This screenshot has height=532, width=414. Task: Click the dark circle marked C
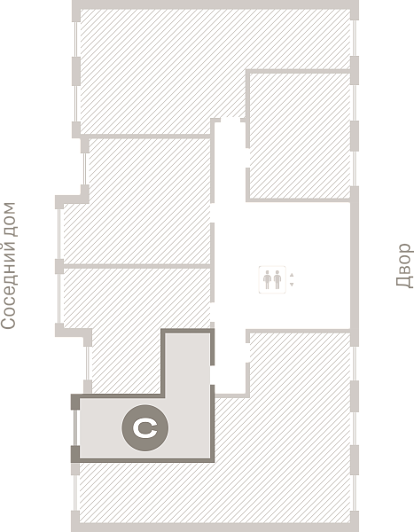coord(145,428)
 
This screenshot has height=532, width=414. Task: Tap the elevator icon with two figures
coord(272,280)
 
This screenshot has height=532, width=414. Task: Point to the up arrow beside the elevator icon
coord(292,275)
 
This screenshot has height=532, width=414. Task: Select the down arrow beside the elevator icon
coord(292,285)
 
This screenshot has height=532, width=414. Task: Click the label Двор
coord(404,265)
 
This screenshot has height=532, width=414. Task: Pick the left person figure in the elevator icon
coord(268,280)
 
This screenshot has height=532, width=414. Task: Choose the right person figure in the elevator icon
coord(277,280)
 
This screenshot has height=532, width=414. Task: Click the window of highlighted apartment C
coord(75,427)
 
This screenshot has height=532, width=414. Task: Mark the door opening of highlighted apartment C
coord(213,375)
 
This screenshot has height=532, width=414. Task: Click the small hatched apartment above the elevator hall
coord(300,136)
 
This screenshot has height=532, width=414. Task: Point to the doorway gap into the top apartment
coord(230,120)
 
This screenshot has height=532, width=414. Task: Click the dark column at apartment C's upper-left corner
coord(75,402)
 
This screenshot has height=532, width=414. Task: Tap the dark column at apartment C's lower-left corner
coord(75,454)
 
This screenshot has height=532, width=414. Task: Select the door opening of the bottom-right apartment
coord(247,353)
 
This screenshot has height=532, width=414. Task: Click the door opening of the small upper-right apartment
coord(247,158)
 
